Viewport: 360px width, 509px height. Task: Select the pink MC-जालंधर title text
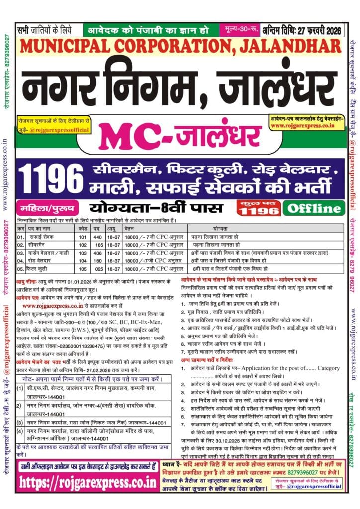176,136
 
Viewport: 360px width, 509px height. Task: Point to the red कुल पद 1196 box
259,208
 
